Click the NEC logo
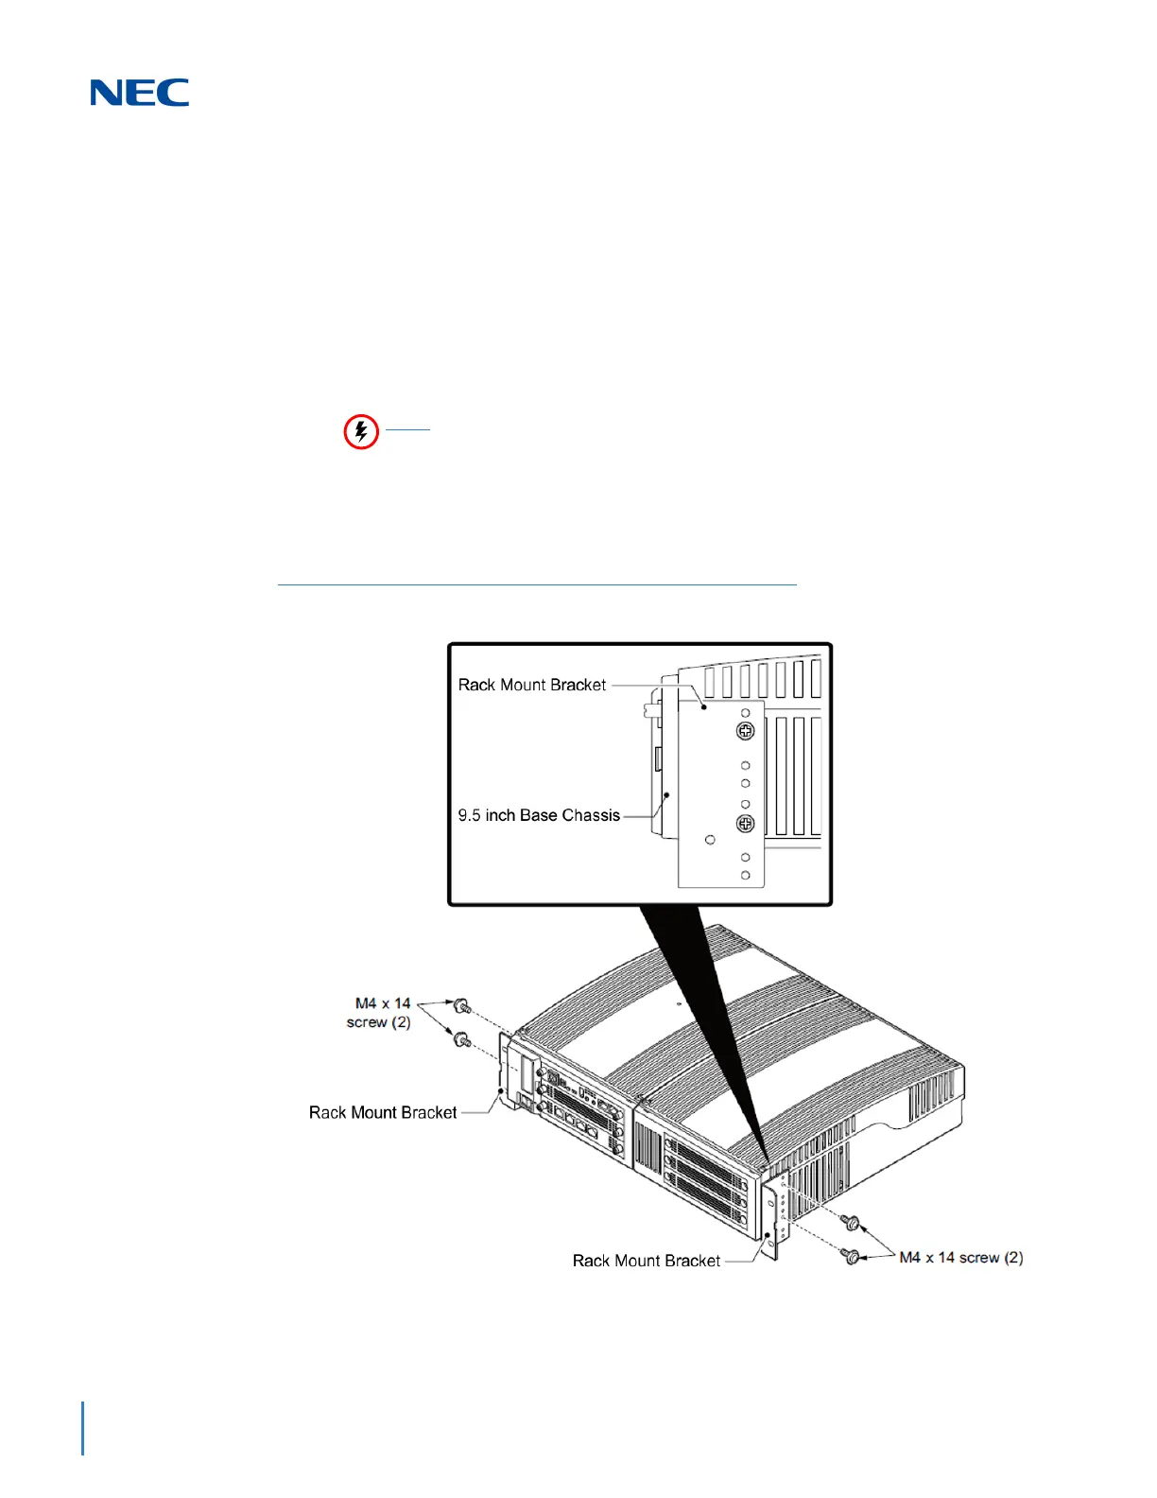[x=140, y=93]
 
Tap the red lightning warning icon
[x=360, y=432]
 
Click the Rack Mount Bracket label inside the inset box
[x=532, y=685]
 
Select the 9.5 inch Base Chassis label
[x=539, y=815]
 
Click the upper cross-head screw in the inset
[x=745, y=731]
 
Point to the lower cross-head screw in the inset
[x=745, y=824]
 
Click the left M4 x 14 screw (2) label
[x=380, y=1013]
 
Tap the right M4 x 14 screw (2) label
[x=960, y=1258]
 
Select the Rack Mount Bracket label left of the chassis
[x=383, y=1113]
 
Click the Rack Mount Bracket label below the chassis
[x=647, y=1261]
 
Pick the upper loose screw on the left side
[x=462, y=1006]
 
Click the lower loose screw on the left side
[x=462, y=1040]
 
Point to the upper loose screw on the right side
[x=853, y=1224]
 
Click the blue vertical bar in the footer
[x=83, y=1429]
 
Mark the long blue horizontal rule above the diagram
[x=537, y=585]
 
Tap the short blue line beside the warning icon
[x=408, y=430]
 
